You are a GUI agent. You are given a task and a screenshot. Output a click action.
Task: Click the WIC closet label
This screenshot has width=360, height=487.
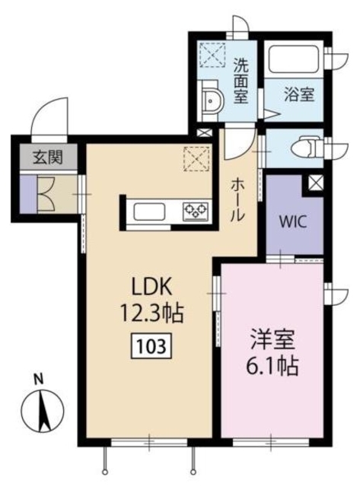tap(292, 224)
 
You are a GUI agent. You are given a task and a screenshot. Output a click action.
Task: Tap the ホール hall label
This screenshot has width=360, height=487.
tap(237, 199)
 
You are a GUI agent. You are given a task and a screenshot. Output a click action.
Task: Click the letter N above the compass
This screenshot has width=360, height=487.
tap(38, 377)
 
